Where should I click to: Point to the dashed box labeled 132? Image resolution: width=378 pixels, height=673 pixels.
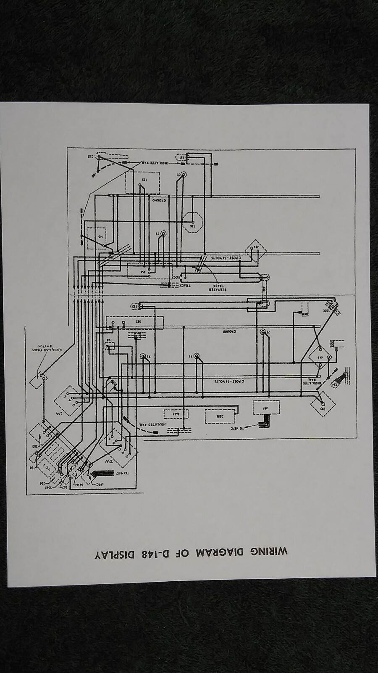coord(143,182)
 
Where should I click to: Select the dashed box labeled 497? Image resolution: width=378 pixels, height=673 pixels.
coord(266,408)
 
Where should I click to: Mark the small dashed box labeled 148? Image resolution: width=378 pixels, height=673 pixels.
coord(109,346)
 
